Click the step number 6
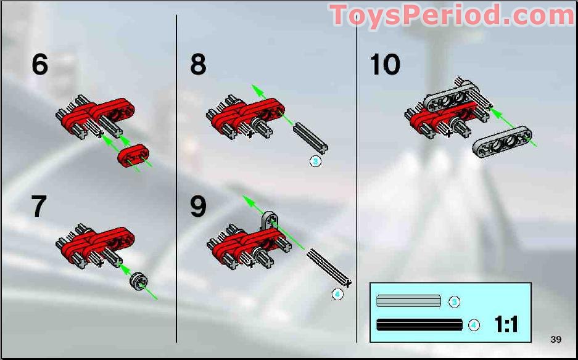click(x=40, y=64)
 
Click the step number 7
click(x=39, y=207)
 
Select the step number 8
click(x=198, y=64)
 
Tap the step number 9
click(x=198, y=207)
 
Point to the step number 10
click(x=385, y=64)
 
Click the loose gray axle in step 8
click(x=311, y=137)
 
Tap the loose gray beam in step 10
click(x=503, y=141)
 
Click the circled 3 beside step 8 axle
click(x=315, y=161)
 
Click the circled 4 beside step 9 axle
click(x=337, y=294)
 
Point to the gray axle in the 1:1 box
click(x=408, y=301)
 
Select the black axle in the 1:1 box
click(x=419, y=324)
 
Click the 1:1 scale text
click(x=506, y=324)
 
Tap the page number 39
click(x=556, y=339)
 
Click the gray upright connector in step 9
click(x=270, y=220)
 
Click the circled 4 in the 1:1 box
click(x=474, y=324)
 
